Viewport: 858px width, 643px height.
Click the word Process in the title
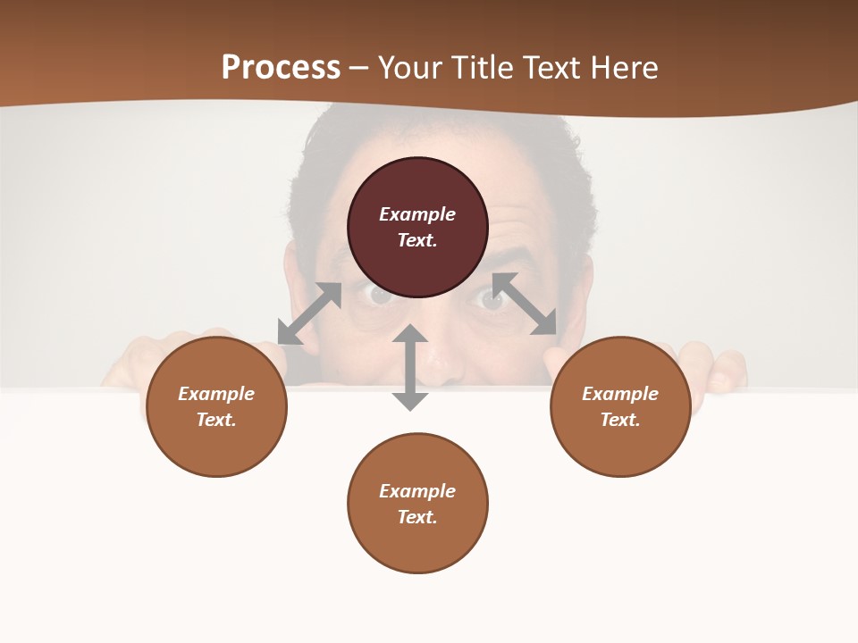pyautogui.click(x=281, y=68)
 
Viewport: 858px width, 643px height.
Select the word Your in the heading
pyautogui.click(x=408, y=68)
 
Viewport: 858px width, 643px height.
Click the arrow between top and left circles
pyautogui.click(x=309, y=313)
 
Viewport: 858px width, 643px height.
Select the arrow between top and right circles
pyautogui.click(x=525, y=304)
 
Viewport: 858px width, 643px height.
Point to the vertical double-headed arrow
pyautogui.click(x=410, y=367)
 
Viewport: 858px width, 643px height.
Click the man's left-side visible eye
pyautogui.click(x=379, y=296)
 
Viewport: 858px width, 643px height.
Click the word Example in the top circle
pyautogui.click(x=417, y=214)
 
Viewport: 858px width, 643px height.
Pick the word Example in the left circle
pyautogui.click(x=216, y=394)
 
